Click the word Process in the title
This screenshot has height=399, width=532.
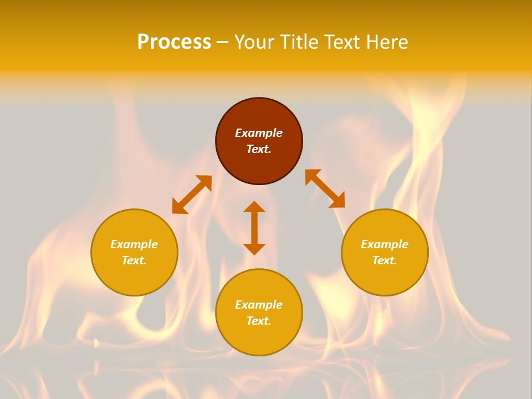pos(174,42)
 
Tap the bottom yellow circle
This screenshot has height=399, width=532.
pos(259,338)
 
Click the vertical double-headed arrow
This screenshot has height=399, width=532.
pos(254,228)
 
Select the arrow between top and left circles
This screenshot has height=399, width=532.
pos(192,195)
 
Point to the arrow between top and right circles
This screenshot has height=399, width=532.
pos(325,188)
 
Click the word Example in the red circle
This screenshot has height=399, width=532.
pos(259,133)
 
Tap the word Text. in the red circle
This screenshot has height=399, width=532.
pos(259,149)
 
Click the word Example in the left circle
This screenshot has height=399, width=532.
pos(134,244)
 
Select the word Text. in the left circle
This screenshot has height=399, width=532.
pos(134,260)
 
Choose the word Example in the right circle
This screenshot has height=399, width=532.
pos(385,244)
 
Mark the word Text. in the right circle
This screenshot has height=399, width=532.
pos(385,260)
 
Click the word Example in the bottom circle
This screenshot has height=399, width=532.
pos(259,305)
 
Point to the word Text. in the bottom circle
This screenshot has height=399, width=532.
pos(259,321)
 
